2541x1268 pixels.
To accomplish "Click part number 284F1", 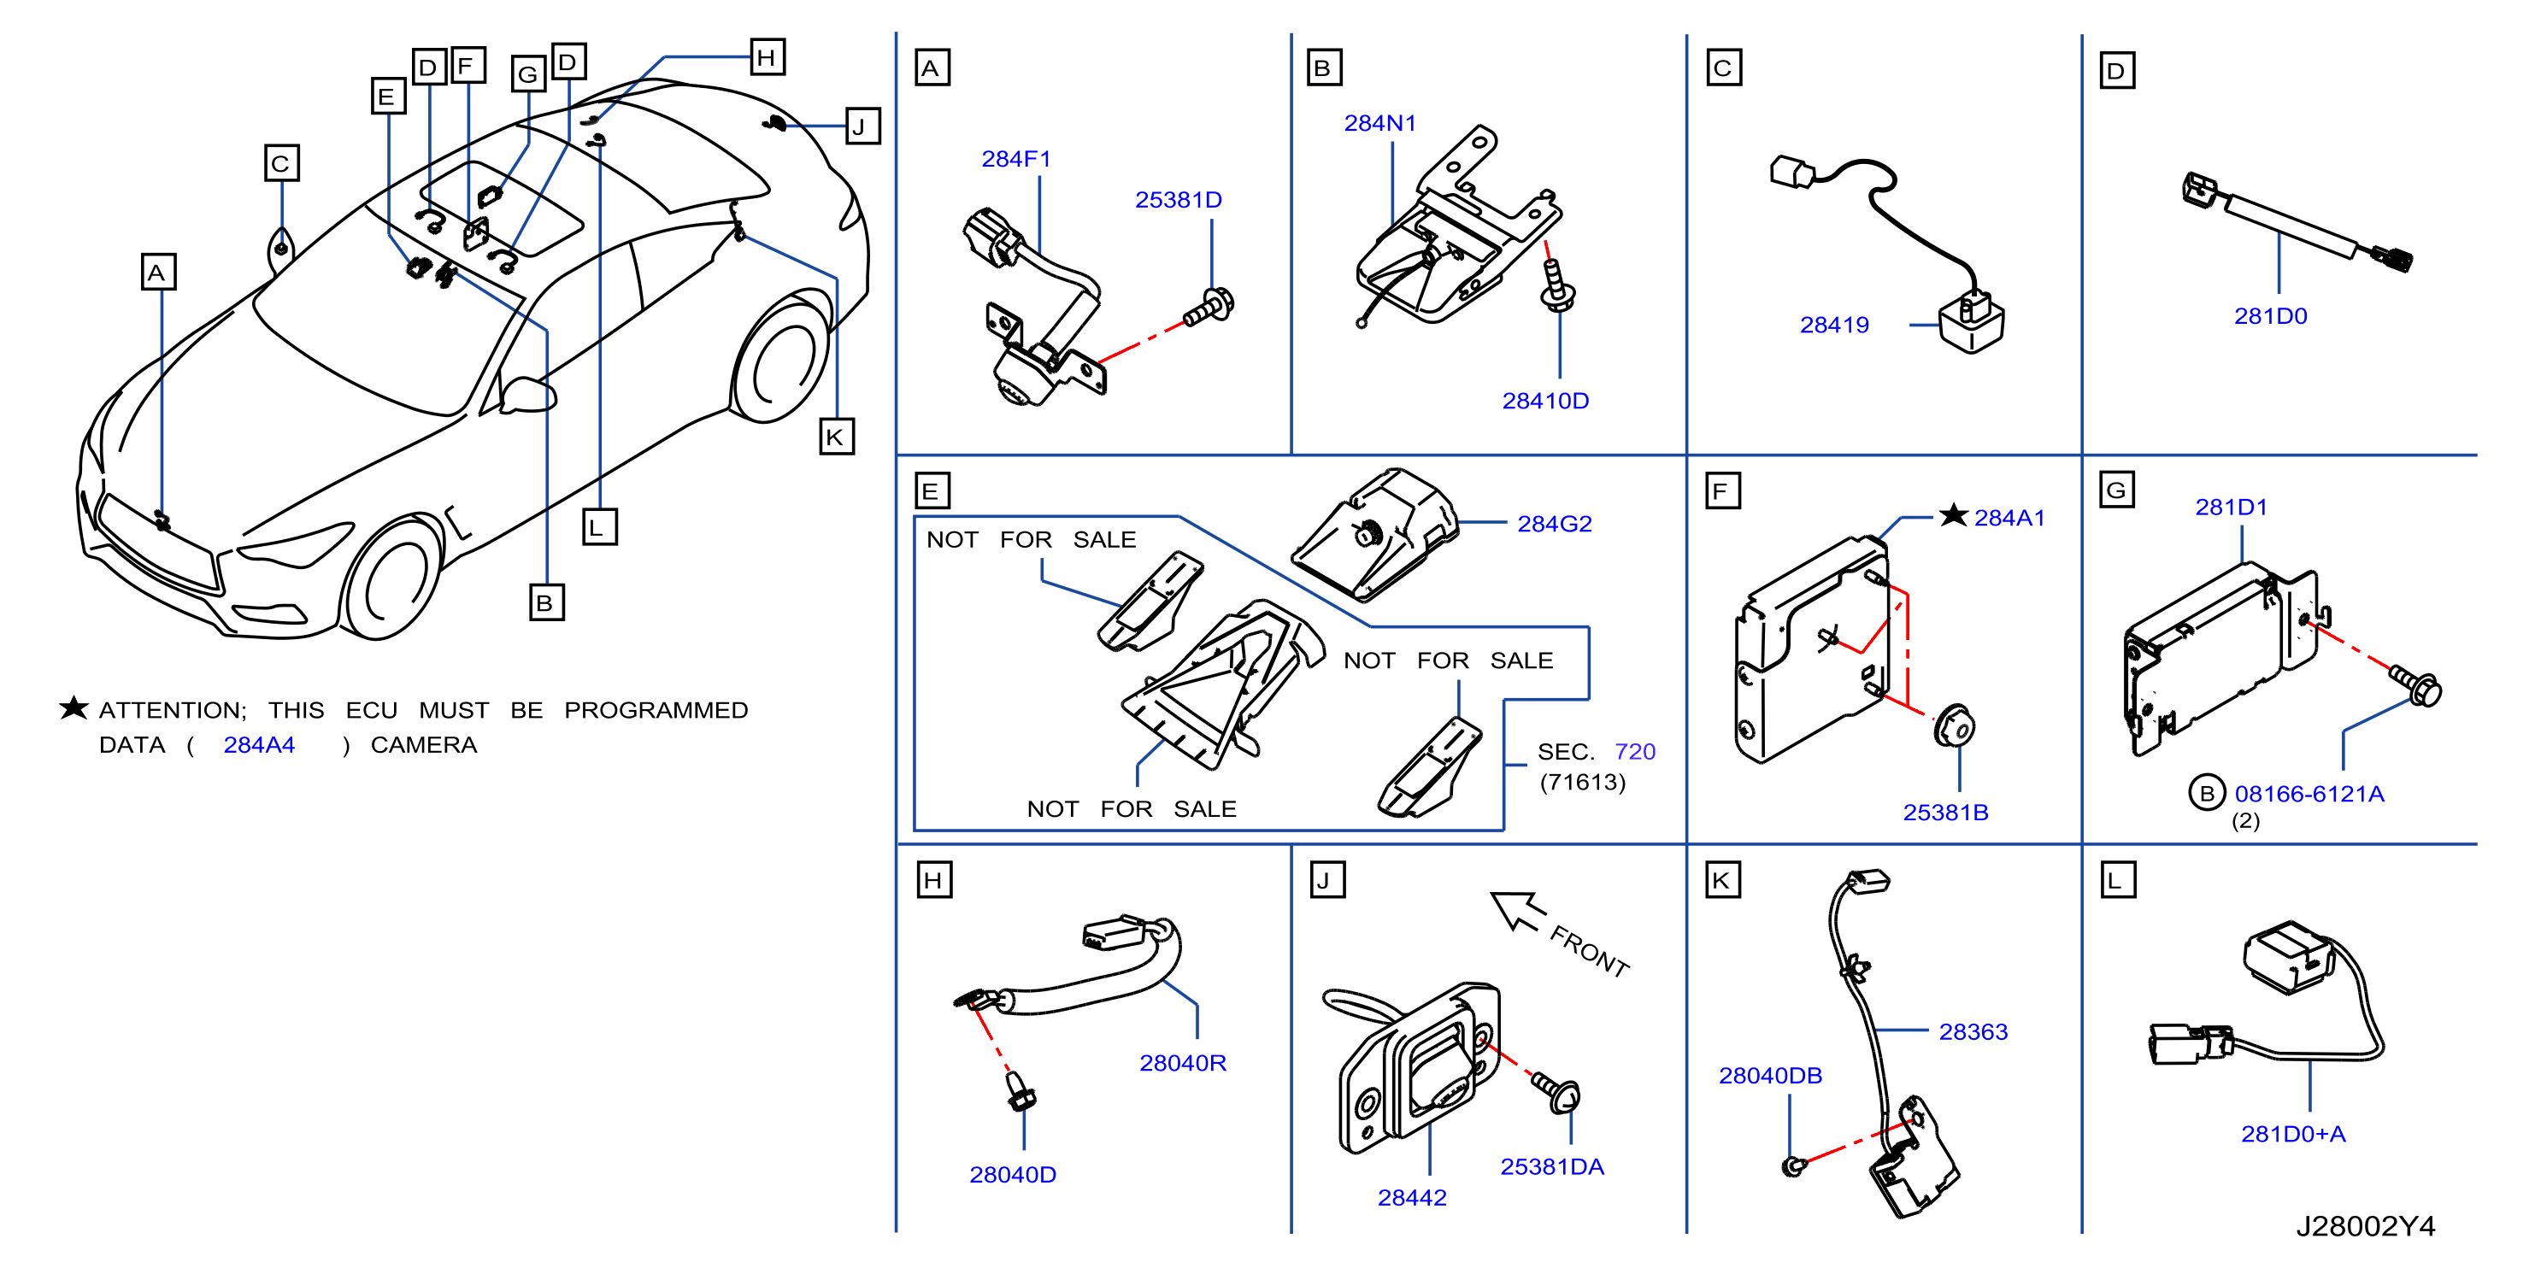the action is (1016, 159).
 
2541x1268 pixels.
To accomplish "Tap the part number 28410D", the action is (1544, 402).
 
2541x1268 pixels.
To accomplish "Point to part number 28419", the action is (1833, 326).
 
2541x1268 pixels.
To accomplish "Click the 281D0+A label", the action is (2292, 1134).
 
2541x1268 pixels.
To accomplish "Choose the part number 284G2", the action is (1554, 524).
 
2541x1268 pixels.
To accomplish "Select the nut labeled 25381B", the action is (1953, 726).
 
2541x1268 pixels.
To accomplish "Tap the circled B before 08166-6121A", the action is (2207, 793).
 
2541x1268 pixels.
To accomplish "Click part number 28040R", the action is (1183, 1063).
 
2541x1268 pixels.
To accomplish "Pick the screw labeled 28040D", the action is (1020, 1091).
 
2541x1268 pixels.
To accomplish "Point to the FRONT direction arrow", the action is (1517, 910).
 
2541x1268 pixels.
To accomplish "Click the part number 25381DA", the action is (1551, 1166).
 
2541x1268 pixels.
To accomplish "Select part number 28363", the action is (1973, 1031).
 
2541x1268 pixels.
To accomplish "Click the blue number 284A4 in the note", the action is (258, 745).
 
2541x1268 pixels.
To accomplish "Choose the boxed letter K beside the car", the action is (836, 437).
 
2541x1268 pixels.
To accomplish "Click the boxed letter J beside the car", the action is (862, 126).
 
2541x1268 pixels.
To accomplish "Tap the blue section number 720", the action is (1634, 751).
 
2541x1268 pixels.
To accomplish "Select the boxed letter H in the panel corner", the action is (933, 880).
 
